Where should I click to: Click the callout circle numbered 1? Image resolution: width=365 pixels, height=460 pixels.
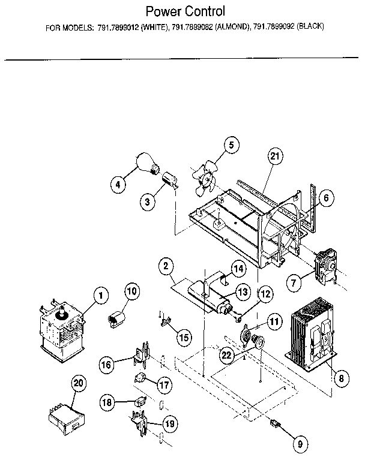pos(100,294)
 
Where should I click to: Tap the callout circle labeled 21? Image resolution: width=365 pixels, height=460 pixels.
pos(274,157)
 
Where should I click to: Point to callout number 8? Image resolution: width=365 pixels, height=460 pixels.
pos(341,378)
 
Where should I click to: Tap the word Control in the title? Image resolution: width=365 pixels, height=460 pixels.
pos(205,11)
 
